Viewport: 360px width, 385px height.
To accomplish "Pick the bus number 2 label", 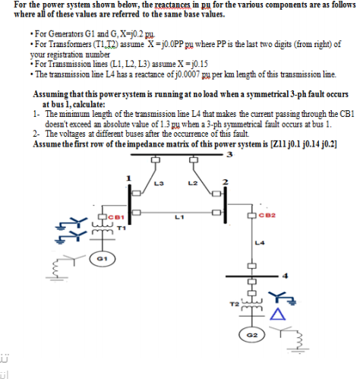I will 226,180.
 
